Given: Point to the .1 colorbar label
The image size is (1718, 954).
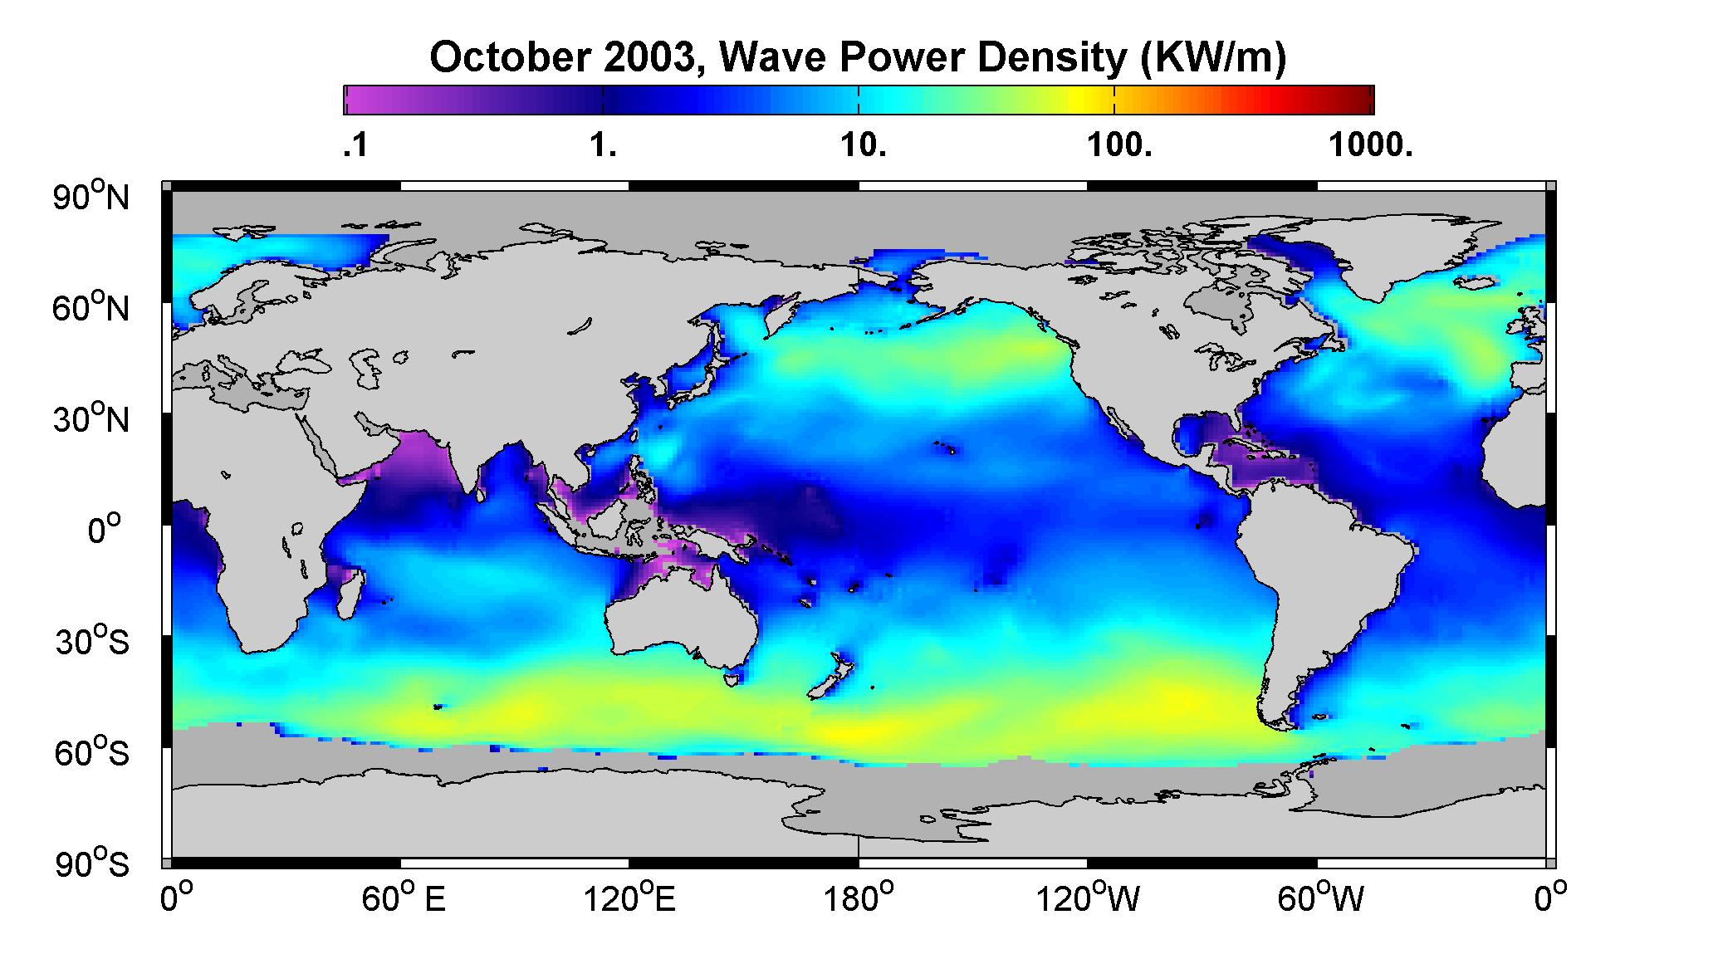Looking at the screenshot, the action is [355, 146].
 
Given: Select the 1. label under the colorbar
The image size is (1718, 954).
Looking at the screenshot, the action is [603, 146].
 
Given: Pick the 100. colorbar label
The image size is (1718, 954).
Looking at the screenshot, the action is [1118, 146].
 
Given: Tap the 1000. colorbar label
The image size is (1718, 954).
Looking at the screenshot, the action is [1371, 146].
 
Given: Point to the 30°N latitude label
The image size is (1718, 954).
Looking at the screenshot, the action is [91, 418].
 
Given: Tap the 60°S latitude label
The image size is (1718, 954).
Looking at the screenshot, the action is [91, 752].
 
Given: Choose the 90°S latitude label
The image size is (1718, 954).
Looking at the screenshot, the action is [91, 863].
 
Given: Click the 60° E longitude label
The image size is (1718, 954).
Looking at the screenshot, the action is [404, 898].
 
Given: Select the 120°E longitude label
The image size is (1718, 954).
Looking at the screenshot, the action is [630, 898].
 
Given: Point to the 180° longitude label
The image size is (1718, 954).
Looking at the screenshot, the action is [859, 898].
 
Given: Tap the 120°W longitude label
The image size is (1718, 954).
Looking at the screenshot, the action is [1088, 898].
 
